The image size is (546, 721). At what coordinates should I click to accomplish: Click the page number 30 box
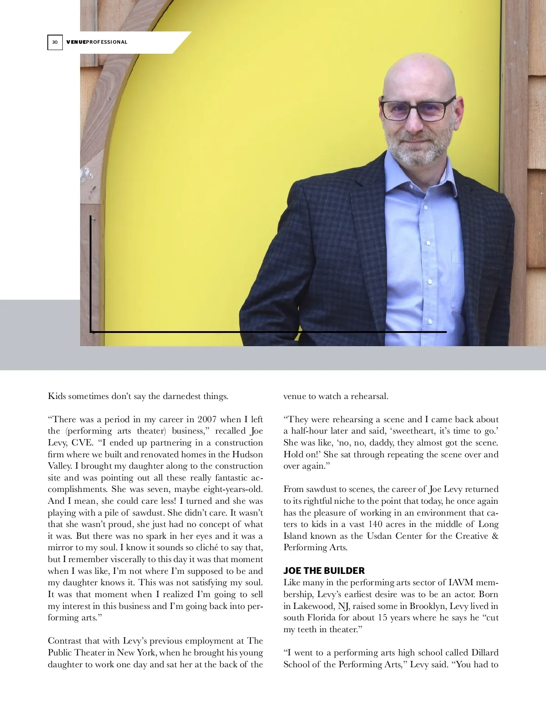pos(55,42)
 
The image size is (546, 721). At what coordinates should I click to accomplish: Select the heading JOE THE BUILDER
pos(324,571)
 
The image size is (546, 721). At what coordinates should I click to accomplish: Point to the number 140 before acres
pos(375,524)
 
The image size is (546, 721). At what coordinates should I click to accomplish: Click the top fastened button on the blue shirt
pos(426,207)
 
